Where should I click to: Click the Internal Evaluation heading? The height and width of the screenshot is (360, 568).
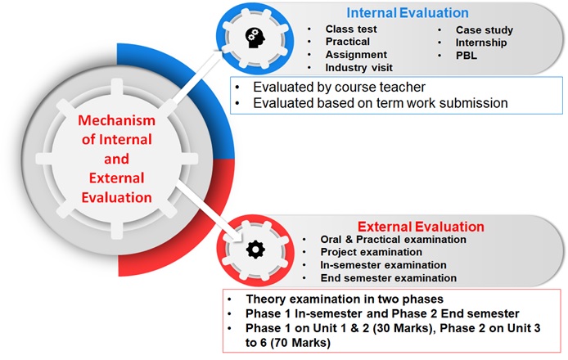click(408, 13)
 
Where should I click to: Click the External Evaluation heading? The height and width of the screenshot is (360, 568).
click(421, 227)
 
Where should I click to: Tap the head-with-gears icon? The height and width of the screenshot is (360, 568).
click(255, 38)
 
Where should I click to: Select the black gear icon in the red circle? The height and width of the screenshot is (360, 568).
click(255, 250)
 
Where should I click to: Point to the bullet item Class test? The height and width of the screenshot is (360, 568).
click(351, 29)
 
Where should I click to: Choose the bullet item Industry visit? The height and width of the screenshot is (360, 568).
click(359, 67)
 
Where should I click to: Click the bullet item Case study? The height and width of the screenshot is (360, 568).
click(485, 30)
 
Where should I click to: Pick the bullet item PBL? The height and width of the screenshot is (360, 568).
click(467, 56)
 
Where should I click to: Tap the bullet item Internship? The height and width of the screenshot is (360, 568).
click(481, 43)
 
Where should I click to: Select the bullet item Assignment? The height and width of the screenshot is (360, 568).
click(356, 55)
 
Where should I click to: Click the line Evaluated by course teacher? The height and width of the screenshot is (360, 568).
click(339, 88)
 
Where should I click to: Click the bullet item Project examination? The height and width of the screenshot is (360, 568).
click(372, 252)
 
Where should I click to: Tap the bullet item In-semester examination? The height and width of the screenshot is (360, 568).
click(383, 265)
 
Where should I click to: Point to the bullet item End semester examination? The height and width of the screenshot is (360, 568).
click(388, 278)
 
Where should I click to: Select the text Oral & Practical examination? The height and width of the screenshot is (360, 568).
click(393, 240)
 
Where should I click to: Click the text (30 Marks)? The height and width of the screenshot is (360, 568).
click(401, 328)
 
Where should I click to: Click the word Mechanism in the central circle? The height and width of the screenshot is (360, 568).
click(117, 120)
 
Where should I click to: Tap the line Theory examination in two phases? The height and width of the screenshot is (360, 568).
click(345, 299)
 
